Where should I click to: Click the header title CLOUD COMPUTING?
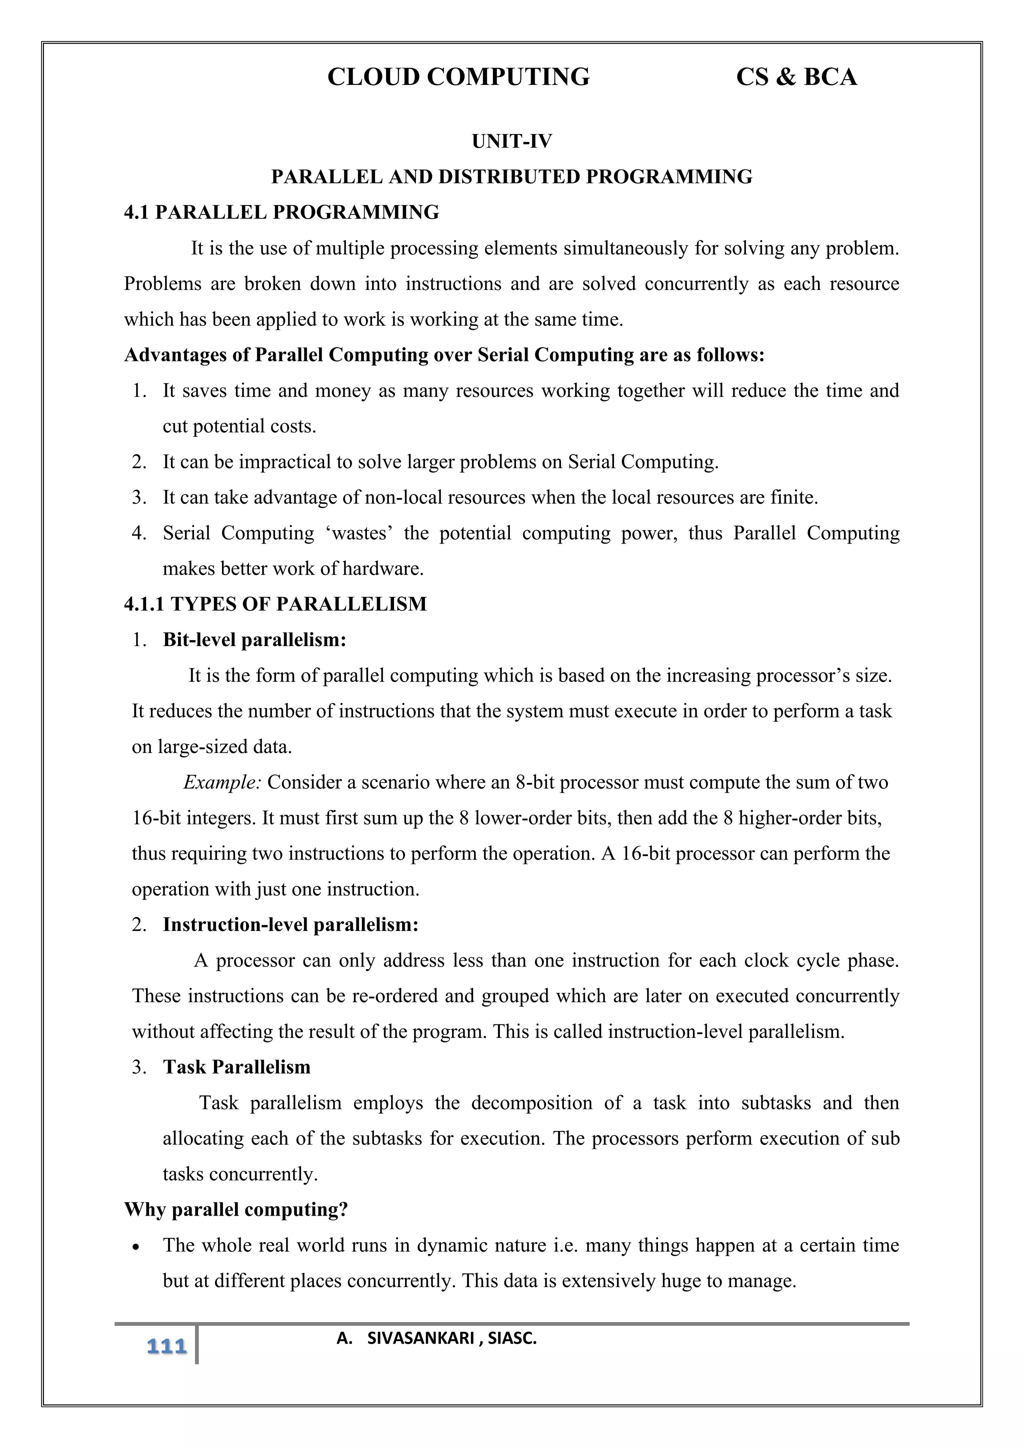point(458,77)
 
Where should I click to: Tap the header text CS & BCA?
point(796,77)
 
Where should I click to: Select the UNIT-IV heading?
point(511,141)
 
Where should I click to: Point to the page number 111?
point(166,1347)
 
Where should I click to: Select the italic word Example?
point(222,782)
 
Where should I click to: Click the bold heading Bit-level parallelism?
point(254,640)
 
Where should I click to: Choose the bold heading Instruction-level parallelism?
point(290,925)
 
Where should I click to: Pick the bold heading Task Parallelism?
point(236,1067)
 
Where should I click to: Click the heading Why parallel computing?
point(236,1209)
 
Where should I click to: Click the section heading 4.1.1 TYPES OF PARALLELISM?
point(275,604)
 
